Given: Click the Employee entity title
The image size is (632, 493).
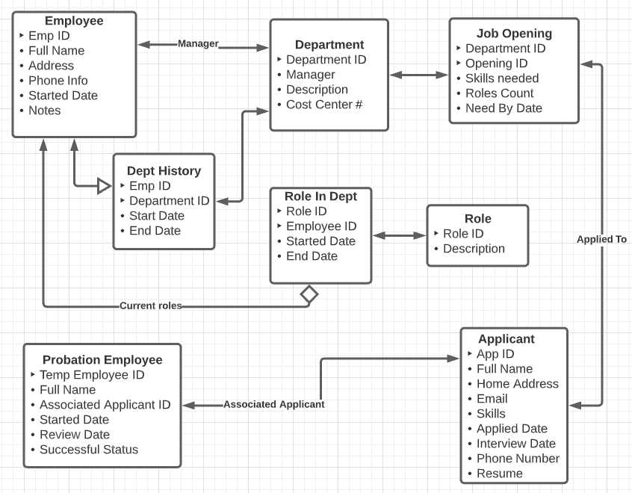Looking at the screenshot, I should coord(74,20).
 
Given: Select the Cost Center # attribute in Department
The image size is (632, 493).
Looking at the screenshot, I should coord(323,105).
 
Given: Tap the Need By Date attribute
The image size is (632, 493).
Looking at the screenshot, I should coord(504,108).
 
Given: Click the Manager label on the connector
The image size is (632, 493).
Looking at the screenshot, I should coord(198,43).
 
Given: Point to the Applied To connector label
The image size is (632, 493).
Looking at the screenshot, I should coord(601,240).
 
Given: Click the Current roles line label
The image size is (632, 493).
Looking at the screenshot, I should coord(151,306).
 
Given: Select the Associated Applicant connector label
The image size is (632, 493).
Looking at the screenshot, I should coord(273,404).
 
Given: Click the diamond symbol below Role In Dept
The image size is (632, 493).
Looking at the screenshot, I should coord(309,294).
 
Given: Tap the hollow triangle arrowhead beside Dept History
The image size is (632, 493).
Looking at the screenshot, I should coord(105,185).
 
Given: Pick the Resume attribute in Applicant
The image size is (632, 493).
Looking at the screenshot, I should coord(499,474).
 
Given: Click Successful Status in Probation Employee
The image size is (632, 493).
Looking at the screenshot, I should coord(89,450).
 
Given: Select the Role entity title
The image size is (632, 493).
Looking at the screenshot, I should coord(477,219).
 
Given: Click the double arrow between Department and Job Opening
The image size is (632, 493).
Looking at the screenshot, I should coord(418,75).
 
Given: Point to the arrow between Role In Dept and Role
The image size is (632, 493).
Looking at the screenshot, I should coord(399,235).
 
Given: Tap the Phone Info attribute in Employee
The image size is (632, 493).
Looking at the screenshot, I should coord(58,81).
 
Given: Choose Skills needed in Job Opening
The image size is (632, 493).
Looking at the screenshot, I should coord(501,78).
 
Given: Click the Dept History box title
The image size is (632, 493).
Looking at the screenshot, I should coord(164,171).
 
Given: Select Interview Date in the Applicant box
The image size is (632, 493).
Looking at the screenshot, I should coord(516,444).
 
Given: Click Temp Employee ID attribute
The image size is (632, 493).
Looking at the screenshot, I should coord(92,375).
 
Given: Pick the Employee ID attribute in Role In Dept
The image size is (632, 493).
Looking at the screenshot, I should coord(321,226).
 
